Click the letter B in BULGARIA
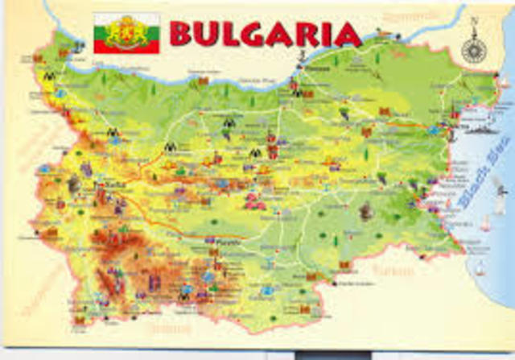(183, 34)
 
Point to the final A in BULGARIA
(348, 34)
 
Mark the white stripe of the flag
(109, 20)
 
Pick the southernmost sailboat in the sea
(480, 267)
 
